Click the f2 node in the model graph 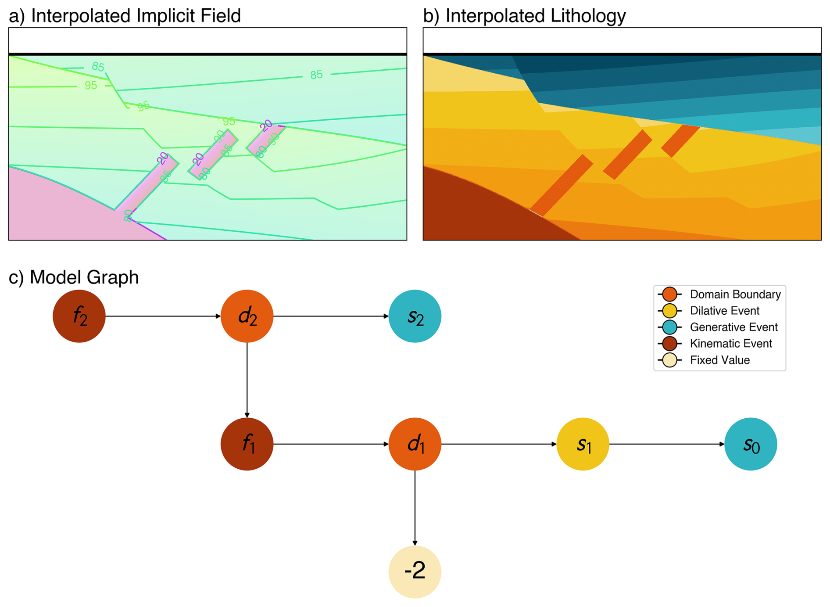click(x=79, y=316)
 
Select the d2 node click(x=247, y=316)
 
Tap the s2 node click(x=415, y=316)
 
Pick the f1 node click(x=247, y=444)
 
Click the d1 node click(x=415, y=444)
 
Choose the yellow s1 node click(x=583, y=444)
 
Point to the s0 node click(x=751, y=444)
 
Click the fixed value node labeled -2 click(x=415, y=572)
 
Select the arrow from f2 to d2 click(x=163, y=316)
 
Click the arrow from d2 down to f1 click(x=247, y=380)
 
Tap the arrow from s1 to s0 click(x=667, y=444)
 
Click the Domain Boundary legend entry click(x=735, y=294)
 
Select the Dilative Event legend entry click(x=724, y=311)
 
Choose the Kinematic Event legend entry click(x=730, y=344)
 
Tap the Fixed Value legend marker click(x=670, y=360)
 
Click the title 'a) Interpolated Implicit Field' click(x=125, y=16)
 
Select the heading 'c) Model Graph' click(x=74, y=277)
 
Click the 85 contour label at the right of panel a click(x=316, y=75)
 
